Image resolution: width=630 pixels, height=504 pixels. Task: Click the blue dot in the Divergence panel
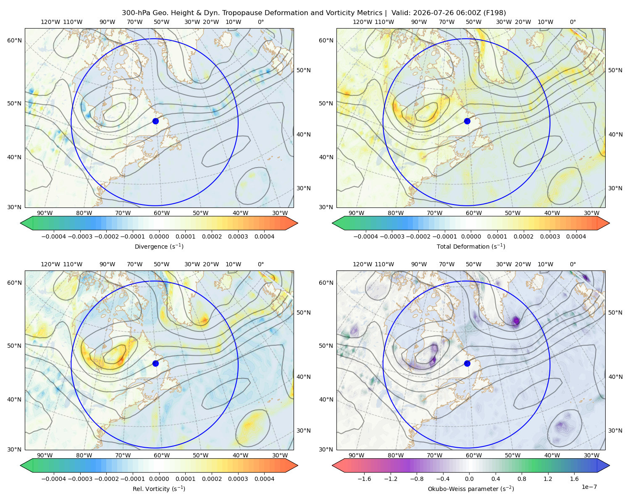(x=155, y=121)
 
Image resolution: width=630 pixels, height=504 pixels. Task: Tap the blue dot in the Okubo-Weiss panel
(x=467, y=363)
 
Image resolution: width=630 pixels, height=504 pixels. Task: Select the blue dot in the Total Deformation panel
(x=467, y=121)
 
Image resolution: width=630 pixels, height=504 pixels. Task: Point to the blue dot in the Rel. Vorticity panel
(x=155, y=363)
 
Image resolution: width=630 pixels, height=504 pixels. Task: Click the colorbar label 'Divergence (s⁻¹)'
(x=159, y=246)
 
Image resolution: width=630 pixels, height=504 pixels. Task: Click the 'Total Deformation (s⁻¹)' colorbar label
(x=471, y=246)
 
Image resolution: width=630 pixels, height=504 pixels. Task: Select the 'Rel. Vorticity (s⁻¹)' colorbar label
(x=159, y=488)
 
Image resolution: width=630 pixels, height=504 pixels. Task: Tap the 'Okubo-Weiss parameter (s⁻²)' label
(x=471, y=488)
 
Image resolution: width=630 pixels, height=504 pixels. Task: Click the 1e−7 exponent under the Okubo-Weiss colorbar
(x=589, y=487)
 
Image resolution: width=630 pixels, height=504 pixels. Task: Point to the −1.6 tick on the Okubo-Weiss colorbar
(x=364, y=478)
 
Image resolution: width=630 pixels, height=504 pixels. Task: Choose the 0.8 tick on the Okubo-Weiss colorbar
(x=522, y=478)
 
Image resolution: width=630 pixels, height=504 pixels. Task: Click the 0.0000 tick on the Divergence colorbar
(x=159, y=236)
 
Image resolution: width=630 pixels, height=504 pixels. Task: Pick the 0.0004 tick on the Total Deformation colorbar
(x=576, y=236)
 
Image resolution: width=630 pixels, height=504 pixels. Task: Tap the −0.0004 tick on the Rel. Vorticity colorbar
(x=54, y=478)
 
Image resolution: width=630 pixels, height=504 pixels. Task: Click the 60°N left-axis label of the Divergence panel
(x=14, y=40)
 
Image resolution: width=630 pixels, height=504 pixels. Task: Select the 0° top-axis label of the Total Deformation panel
(x=572, y=22)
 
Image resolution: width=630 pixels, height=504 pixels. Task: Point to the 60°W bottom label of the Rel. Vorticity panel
(x=162, y=455)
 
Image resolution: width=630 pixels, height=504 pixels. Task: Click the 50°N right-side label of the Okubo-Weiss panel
(x=615, y=312)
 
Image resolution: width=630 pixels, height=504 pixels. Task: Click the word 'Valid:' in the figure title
(x=401, y=13)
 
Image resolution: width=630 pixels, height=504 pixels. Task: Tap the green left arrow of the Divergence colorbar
(x=26, y=223)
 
